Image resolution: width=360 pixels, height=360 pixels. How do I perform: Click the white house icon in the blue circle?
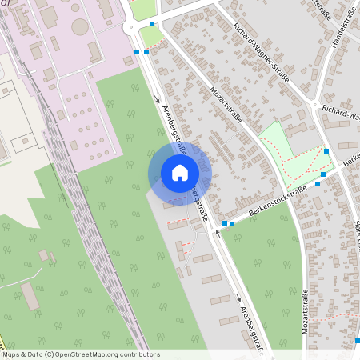[x=180, y=173]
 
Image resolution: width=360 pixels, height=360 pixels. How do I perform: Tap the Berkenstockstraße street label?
[x=278, y=201]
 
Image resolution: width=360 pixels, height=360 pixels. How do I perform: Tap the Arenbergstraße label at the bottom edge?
[x=251, y=328]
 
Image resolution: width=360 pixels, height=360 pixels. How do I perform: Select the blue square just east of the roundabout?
[x=152, y=24]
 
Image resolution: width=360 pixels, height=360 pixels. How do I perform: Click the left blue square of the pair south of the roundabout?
[x=137, y=52]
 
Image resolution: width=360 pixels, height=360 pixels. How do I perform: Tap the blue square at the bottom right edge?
[x=357, y=340]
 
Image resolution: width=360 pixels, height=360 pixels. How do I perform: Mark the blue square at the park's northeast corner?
[x=326, y=150]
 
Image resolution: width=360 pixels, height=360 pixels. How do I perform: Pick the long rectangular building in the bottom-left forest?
[x=30, y=296]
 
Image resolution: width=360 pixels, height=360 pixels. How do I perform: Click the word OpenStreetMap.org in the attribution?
[x=85, y=354]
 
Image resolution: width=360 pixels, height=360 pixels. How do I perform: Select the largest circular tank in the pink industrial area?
[x=80, y=26]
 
